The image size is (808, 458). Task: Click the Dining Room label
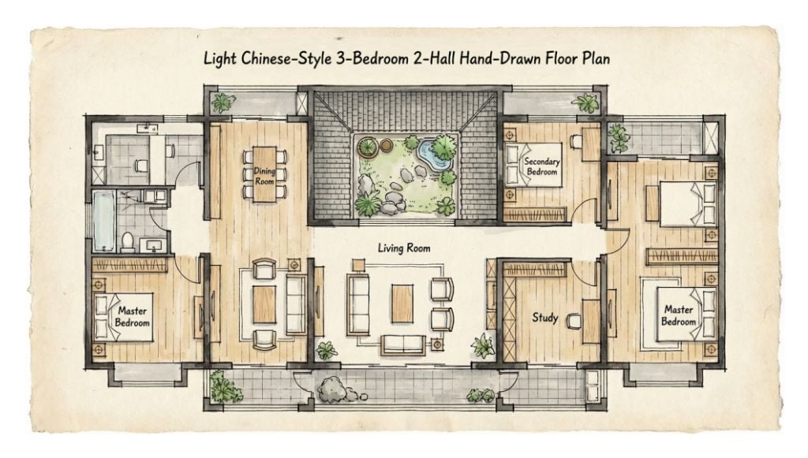click(x=264, y=176)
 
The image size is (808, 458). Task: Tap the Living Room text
click(x=403, y=248)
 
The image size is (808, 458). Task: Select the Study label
click(x=544, y=317)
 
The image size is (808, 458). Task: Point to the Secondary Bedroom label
click(x=541, y=166)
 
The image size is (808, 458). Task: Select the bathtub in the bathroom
click(x=104, y=221)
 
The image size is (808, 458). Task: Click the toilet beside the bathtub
click(x=127, y=242)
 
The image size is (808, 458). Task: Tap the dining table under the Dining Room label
click(x=264, y=174)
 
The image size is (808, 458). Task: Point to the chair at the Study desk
click(x=573, y=321)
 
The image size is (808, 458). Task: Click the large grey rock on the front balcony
click(x=333, y=389)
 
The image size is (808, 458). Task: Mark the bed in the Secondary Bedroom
click(x=533, y=164)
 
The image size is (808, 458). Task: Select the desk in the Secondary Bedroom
click(x=591, y=144)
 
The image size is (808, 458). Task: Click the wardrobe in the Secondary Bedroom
click(x=535, y=214)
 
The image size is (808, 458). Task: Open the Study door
click(x=584, y=272)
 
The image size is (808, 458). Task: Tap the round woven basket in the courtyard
click(x=366, y=147)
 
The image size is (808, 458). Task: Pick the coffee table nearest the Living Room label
click(x=402, y=303)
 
